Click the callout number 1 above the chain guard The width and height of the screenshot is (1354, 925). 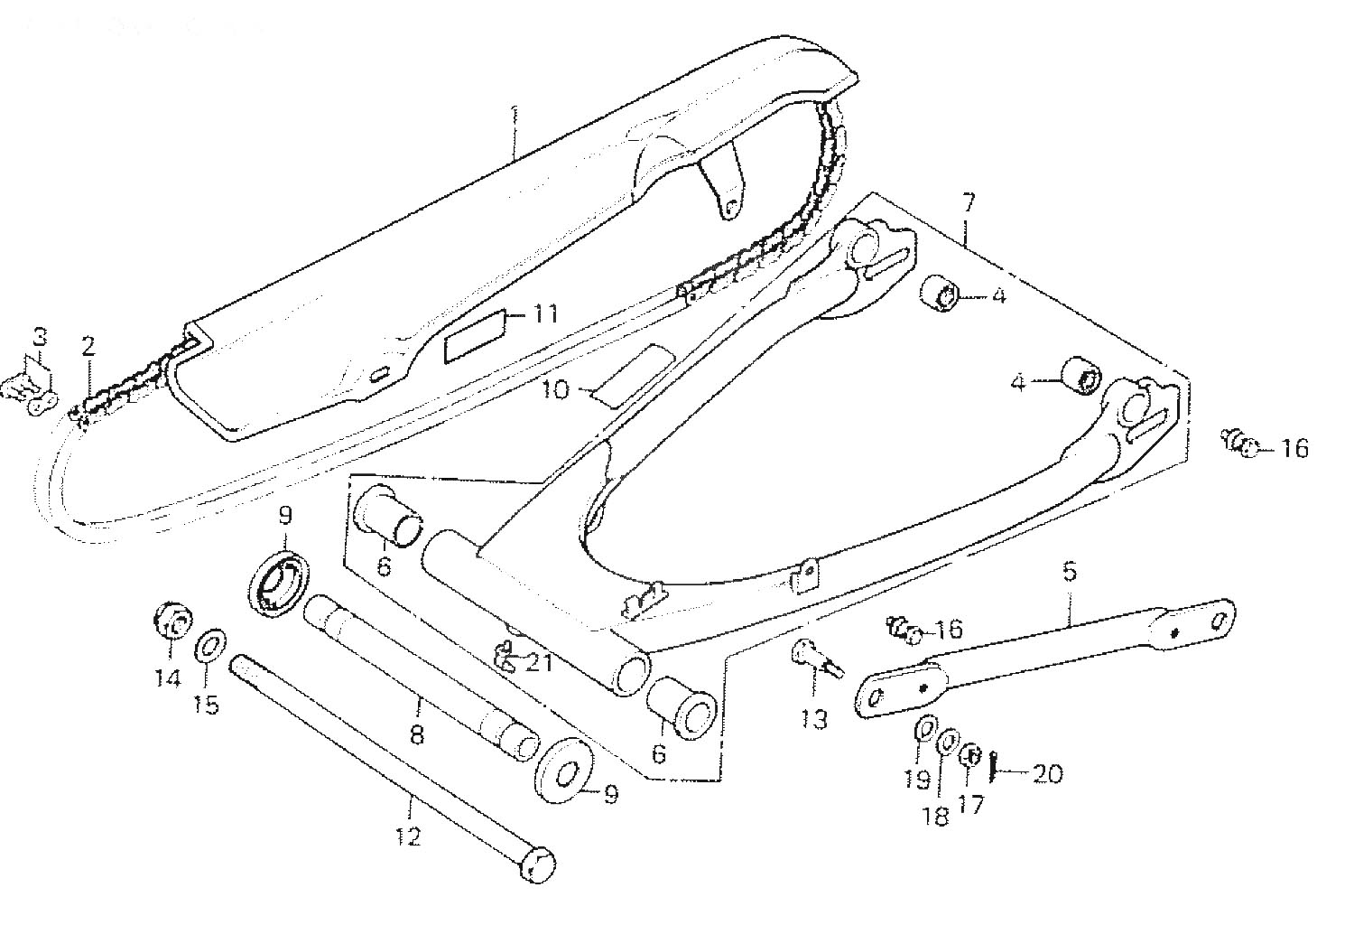coord(515,115)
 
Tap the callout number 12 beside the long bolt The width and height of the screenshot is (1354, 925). coord(408,837)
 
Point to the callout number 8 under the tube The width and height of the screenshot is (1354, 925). coord(416,735)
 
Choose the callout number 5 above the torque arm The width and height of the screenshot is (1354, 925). coord(1070,572)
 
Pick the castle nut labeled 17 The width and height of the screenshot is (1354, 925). coord(970,755)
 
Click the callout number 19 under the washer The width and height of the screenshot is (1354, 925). coord(918,779)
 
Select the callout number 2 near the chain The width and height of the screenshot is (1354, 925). coord(88,345)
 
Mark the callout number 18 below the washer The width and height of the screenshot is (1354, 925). coord(937,817)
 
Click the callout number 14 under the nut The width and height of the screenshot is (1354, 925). coord(168,677)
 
